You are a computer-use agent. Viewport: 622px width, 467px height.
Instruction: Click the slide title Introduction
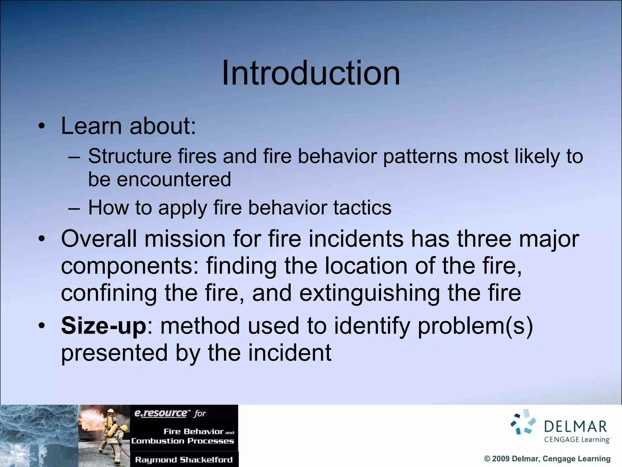311,73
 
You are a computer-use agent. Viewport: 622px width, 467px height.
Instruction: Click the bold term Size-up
104,326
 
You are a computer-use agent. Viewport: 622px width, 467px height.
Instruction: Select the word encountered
174,179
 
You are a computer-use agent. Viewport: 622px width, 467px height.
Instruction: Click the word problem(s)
475,326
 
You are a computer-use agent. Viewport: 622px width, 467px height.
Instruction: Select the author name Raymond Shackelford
184,460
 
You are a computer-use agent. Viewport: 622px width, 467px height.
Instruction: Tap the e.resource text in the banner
161,413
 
